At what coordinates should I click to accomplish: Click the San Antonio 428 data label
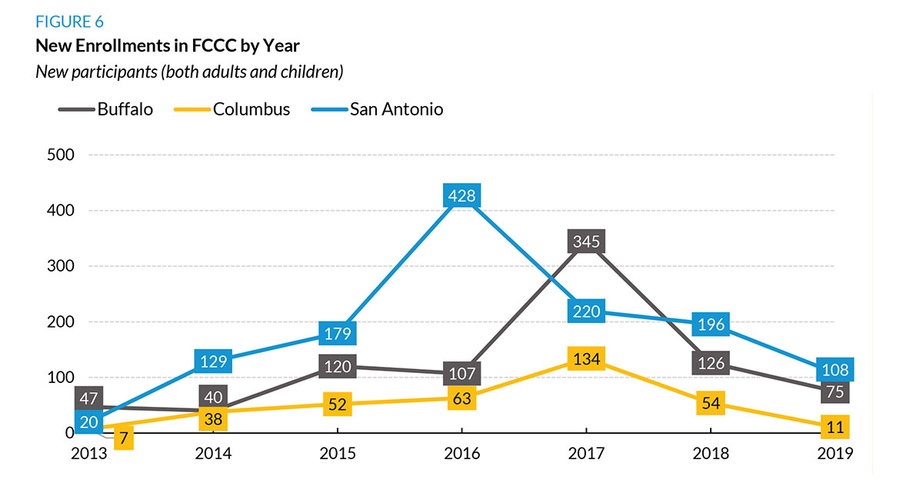[x=461, y=196]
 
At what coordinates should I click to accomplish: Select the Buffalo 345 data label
[x=586, y=241]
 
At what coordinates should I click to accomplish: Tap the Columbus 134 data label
[x=586, y=358]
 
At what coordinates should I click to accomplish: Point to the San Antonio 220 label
[x=586, y=311]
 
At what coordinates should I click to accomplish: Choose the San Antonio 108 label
[x=834, y=369]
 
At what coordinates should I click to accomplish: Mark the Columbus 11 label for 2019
[x=834, y=428]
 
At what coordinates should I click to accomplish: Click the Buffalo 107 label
[x=461, y=374]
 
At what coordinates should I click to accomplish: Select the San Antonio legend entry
[x=377, y=109]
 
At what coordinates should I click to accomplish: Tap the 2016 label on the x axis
[x=461, y=453]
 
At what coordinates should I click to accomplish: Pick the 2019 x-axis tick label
[x=835, y=453]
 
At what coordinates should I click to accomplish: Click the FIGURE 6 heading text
[x=69, y=22]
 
